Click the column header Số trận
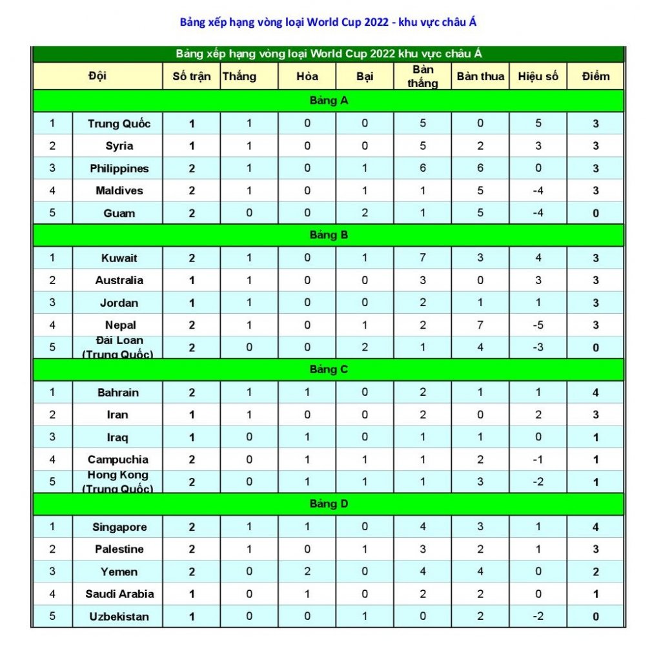pos(191,76)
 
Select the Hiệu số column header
pos(538,76)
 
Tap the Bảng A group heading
pos(329,101)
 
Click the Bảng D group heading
pos(329,504)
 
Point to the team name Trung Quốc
pos(119,123)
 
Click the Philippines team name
pos(119,169)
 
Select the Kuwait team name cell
pos(119,258)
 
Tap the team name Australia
pos(119,280)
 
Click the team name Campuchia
pos(118,459)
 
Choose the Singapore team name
pos(119,527)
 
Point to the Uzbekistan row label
pos(119,617)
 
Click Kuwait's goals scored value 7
pos(423,258)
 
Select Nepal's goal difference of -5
pos(538,325)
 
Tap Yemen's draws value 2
pos(307,571)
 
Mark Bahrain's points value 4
pos(596,393)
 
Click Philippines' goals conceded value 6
pos(480,169)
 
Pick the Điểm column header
pos(595,76)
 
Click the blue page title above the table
pos(329,23)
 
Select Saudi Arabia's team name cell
pos(119,594)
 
